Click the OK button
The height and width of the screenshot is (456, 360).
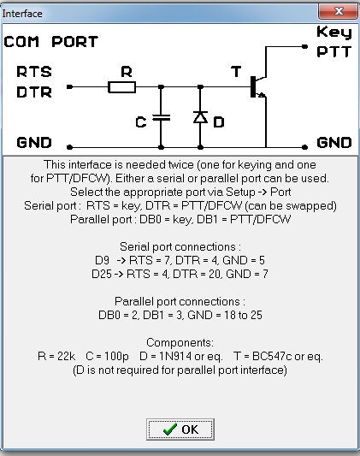pyautogui.click(x=180, y=429)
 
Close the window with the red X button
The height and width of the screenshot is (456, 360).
pyautogui.click(x=339, y=12)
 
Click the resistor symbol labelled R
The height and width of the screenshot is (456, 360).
pyautogui.click(x=121, y=87)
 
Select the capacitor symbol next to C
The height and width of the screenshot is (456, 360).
pyautogui.click(x=162, y=118)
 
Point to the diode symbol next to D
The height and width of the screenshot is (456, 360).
pyautogui.click(x=200, y=117)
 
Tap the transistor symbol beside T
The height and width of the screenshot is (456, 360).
pyautogui.click(x=257, y=86)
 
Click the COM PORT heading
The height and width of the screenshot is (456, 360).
pyautogui.click(x=51, y=42)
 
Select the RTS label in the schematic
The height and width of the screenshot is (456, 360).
pyautogui.click(x=34, y=72)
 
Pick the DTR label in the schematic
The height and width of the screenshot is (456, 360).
pyautogui.click(x=34, y=92)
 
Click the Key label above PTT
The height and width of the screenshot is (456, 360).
pyautogui.click(x=334, y=32)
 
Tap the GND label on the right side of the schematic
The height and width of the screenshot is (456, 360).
pyautogui.click(x=334, y=143)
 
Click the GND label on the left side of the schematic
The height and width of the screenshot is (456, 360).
pyautogui.click(x=34, y=143)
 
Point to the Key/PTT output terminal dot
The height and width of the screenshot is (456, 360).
pyautogui.click(x=304, y=46)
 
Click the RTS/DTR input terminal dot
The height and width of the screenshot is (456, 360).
pyautogui.click(x=69, y=86)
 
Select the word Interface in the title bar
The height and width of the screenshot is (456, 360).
pyautogui.click(x=22, y=14)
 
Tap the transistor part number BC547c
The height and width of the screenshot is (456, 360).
pyautogui.click(x=272, y=356)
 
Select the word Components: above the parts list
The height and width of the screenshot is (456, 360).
pyautogui.click(x=180, y=342)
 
